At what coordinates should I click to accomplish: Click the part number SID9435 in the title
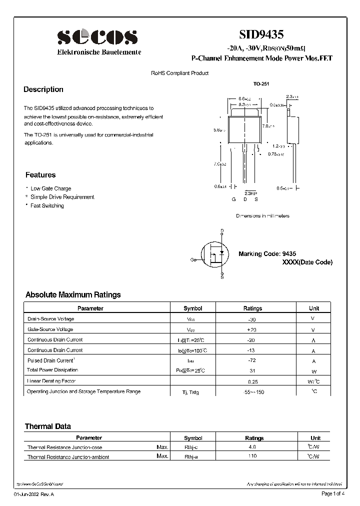(x=261, y=34)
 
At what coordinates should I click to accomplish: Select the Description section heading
(x=43, y=89)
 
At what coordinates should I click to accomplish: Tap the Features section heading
(x=40, y=175)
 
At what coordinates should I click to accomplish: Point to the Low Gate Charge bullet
(x=50, y=188)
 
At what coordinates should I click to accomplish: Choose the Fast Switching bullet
(x=47, y=205)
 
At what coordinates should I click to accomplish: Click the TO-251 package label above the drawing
(x=261, y=84)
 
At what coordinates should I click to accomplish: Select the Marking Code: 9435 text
(x=267, y=254)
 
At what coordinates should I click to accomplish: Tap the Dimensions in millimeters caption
(x=262, y=216)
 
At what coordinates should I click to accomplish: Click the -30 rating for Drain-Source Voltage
(x=252, y=319)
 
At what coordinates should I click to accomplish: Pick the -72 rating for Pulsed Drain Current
(x=252, y=360)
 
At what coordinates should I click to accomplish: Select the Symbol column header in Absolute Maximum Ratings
(x=192, y=308)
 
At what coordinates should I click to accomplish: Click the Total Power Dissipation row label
(x=52, y=370)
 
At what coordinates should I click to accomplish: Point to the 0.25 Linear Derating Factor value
(x=252, y=381)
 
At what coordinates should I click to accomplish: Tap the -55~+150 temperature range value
(x=252, y=392)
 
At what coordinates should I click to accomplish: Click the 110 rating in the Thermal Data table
(x=252, y=456)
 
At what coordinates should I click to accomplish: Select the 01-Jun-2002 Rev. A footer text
(x=32, y=494)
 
